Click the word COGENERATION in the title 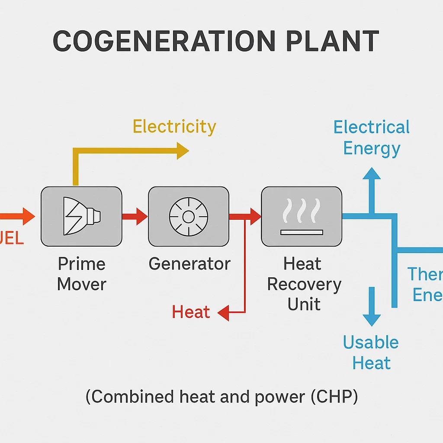tap(164, 42)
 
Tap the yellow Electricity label tap(174, 127)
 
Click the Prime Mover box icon tap(81, 216)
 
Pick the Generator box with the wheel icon tap(189, 216)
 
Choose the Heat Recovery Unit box tap(302, 216)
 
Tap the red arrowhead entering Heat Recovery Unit tap(255, 216)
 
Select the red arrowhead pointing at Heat tap(224, 312)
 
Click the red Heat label tap(191, 312)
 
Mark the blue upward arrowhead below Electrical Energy tap(371, 174)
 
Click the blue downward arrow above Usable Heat tap(371, 308)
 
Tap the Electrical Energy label tap(371, 138)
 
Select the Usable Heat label tap(371, 352)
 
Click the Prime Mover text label tap(81, 274)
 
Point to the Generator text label tap(189, 263)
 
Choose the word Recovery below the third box tap(304, 284)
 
